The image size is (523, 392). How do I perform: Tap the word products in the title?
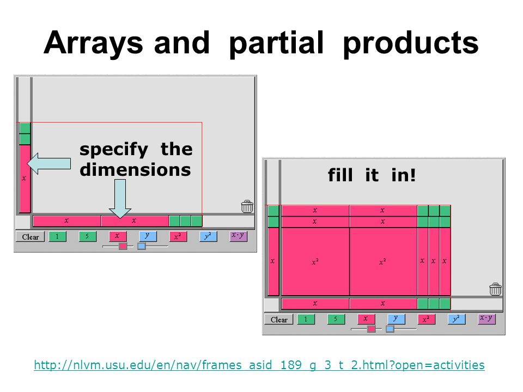[411, 44]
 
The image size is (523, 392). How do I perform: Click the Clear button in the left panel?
[31, 237]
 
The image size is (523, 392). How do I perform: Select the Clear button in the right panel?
[279, 320]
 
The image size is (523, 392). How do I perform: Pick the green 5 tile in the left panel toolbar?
[87, 236]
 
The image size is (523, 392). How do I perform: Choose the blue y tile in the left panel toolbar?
[148, 236]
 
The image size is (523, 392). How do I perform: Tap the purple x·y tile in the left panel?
[238, 236]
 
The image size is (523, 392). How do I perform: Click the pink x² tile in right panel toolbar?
[426, 319]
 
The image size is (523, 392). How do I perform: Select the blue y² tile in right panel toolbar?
[457, 319]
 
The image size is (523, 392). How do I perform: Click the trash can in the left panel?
[247, 207]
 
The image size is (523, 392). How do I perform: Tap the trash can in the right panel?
[496, 289]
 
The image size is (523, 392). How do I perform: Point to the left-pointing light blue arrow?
[49, 163]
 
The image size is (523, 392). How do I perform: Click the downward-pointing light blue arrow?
[120, 199]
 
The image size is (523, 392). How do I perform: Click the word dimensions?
[135, 170]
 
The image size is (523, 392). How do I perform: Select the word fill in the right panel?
[340, 175]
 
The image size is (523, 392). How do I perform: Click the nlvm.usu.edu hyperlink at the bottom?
[259, 365]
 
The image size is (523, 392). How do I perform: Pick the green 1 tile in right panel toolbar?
[306, 319]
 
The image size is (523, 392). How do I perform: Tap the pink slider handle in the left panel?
[123, 246]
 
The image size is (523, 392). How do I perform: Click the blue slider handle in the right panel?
[390, 329]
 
